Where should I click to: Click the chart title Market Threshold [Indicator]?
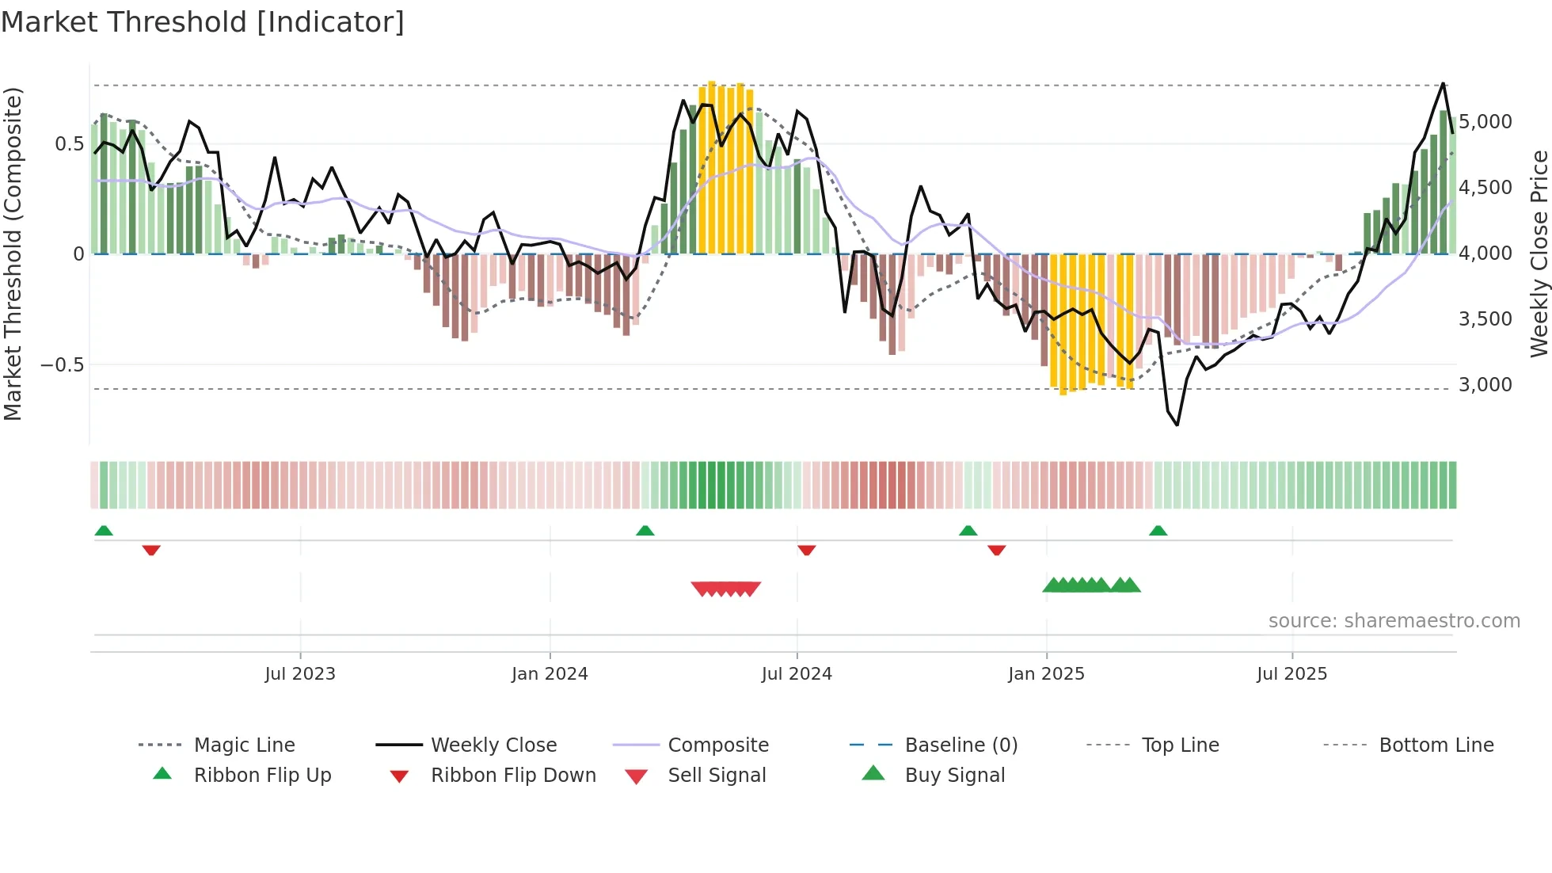coord(203,22)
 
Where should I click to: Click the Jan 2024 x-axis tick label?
coord(550,674)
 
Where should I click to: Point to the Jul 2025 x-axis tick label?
coord(1291,674)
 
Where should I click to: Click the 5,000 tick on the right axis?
coord(1485,122)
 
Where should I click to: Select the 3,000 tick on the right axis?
coord(1485,385)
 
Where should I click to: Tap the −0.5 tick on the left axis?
coord(62,365)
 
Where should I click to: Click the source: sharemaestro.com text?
coord(1394,621)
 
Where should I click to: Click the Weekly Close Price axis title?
coord(1539,254)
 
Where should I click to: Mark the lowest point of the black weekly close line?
coord(1177,425)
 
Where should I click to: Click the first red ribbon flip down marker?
coord(151,551)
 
